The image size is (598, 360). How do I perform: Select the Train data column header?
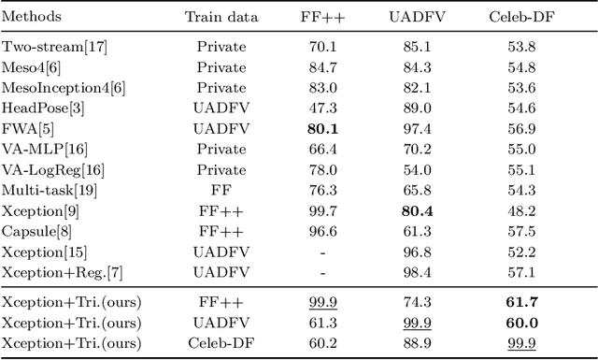point(220,17)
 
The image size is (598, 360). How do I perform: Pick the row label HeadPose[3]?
point(43,108)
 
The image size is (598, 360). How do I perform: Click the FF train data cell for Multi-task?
point(220,191)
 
